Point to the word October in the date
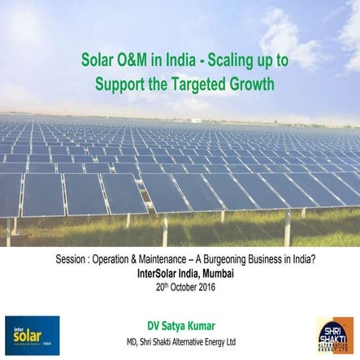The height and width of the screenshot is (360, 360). (x=180, y=287)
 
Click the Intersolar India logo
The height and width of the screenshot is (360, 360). (x=32, y=336)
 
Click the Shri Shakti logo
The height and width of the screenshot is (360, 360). (x=334, y=336)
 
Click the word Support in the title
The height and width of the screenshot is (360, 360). (x=123, y=83)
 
